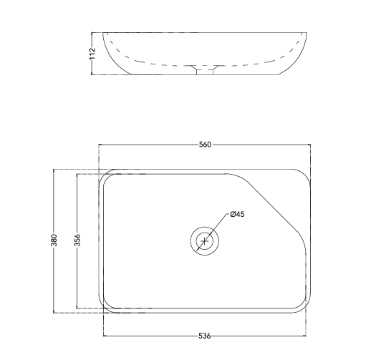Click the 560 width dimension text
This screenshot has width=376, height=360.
pos(205,145)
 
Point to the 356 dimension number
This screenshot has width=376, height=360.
pos(77,241)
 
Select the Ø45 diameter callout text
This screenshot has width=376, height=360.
pos(237,215)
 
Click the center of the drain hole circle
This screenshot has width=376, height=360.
pos(205,240)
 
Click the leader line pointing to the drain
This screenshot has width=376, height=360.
pos(218,225)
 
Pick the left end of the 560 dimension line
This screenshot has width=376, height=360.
pos(99,145)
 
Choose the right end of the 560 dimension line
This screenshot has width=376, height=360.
pos(311,145)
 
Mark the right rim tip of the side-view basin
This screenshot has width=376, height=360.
pos(310,34)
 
